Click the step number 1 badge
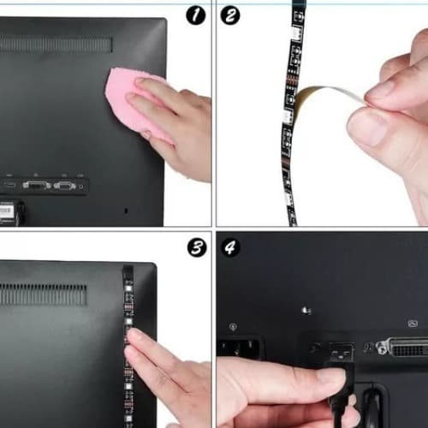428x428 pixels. [196, 14]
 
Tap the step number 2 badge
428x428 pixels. [230, 15]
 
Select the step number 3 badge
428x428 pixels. [196, 247]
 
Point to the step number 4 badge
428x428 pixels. [230, 247]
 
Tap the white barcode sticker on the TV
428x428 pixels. [7, 210]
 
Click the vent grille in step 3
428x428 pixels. [43, 295]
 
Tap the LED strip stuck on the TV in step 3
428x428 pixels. [128, 325]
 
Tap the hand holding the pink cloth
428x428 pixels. [175, 128]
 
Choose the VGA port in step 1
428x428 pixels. [37, 184]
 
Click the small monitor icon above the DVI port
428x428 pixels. [413, 323]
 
